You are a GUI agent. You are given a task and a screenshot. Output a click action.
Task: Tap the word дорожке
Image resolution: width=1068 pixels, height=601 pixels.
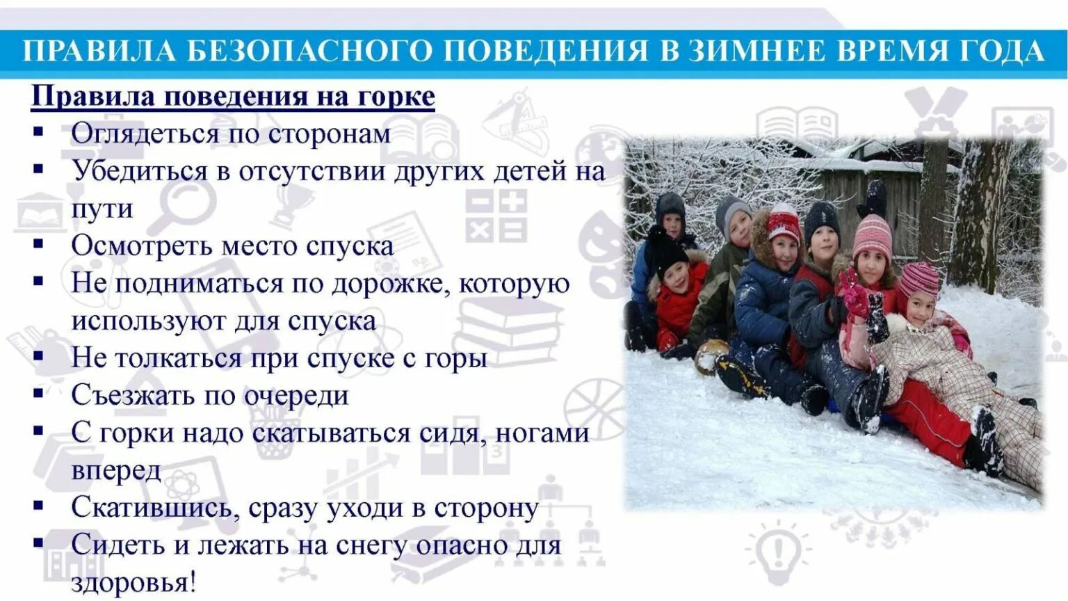[x=390, y=284]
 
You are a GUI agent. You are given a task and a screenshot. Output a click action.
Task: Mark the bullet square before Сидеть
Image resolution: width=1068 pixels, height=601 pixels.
[x=38, y=543]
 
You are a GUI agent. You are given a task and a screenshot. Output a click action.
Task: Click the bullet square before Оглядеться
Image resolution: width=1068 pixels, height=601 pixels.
[x=38, y=131]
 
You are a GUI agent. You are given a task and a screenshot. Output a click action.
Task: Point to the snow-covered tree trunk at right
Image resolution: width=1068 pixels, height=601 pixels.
[x=987, y=209]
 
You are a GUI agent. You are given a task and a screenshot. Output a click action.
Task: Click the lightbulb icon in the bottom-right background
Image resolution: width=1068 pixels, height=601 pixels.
[x=778, y=550]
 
